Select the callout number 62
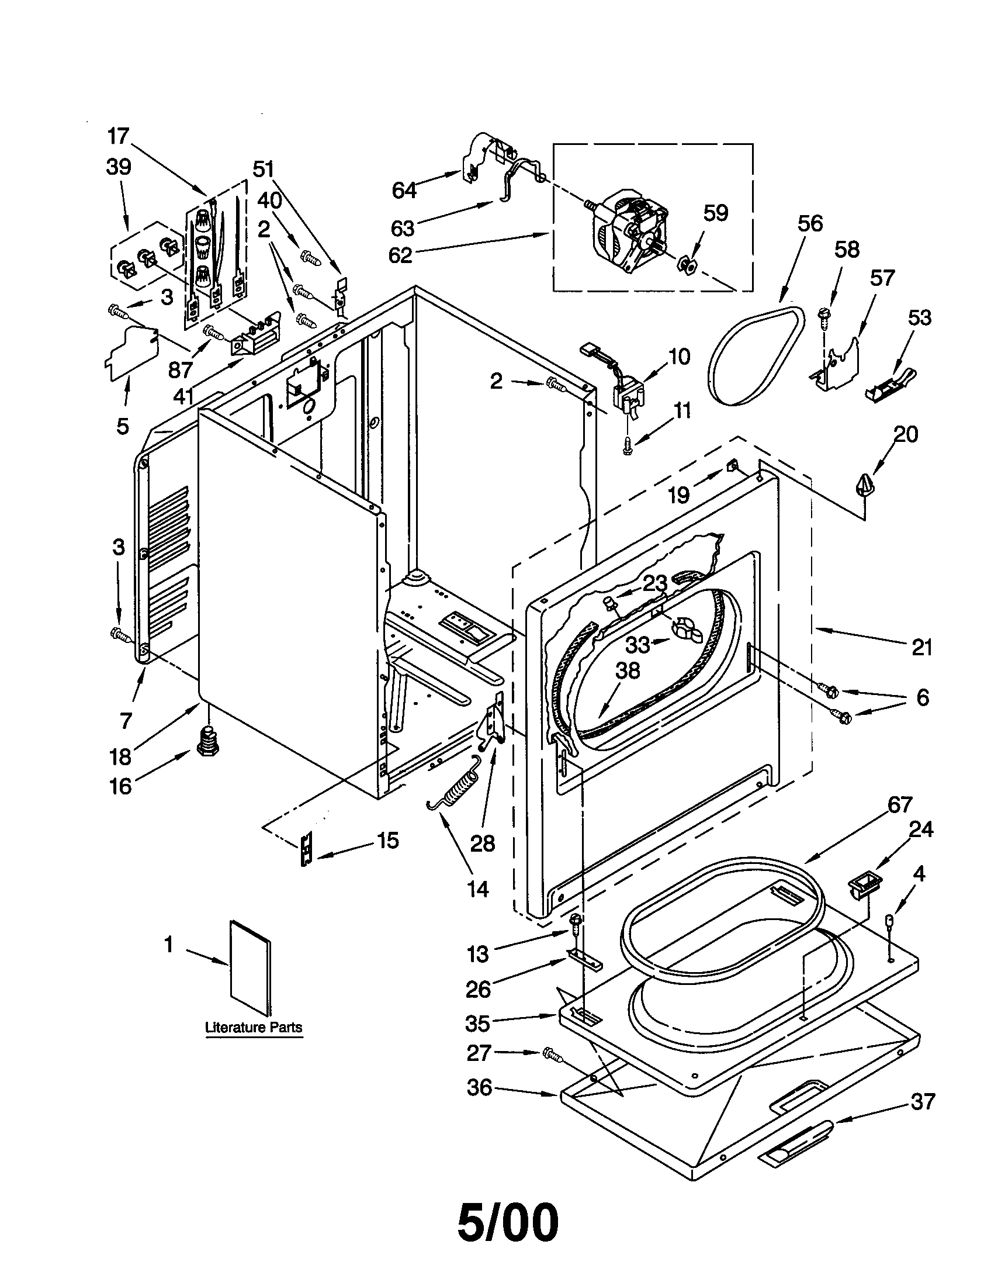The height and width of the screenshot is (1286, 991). pyautogui.click(x=400, y=255)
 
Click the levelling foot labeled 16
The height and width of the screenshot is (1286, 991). pyautogui.click(x=207, y=744)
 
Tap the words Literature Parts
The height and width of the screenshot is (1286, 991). pyautogui.click(x=254, y=1028)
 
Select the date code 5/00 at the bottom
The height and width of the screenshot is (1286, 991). pyautogui.click(x=507, y=1223)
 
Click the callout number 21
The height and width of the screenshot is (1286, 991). pyautogui.click(x=922, y=648)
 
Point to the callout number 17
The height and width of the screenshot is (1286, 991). pyautogui.click(x=117, y=136)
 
